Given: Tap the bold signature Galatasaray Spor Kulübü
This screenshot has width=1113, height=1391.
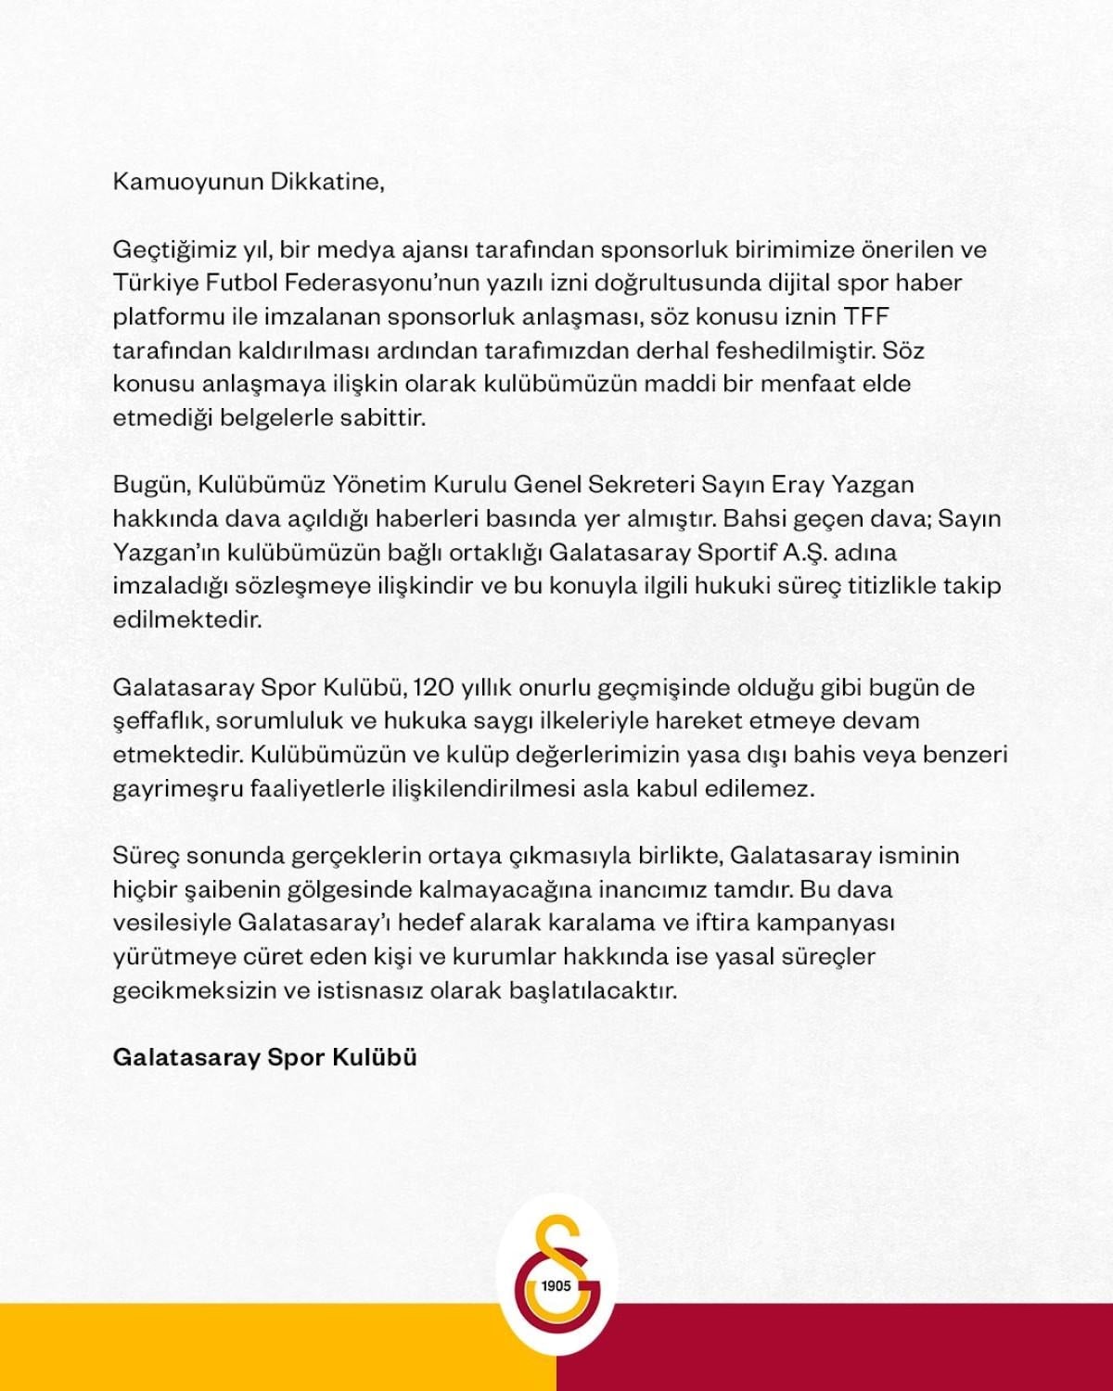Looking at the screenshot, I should (264, 1057).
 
